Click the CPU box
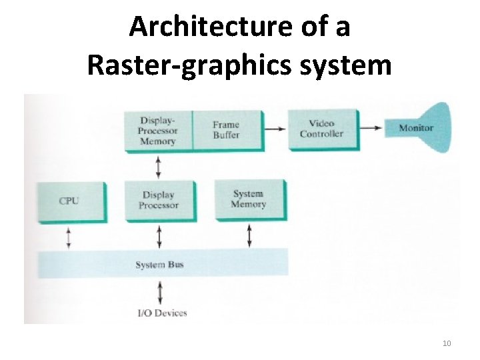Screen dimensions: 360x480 pyautogui.click(x=69, y=201)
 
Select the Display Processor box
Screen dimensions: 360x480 pyautogui.click(x=159, y=200)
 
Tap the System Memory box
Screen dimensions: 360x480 pyautogui.click(x=248, y=199)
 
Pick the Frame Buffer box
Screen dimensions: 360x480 pyautogui.click(x=226, y=129)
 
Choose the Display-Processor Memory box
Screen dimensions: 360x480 pyautogui.click(x=158, y=131)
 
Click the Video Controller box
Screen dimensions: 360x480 pyautogui.click(x=321, y=129)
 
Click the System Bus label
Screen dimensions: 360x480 pyautogui.click(x=159, y=265)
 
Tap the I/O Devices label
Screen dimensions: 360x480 pyautogui.click(x=163, y=313)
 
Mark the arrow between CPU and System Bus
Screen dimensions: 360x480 pyautogui.click(x=68, y=237)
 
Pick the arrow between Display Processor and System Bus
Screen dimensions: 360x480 pyautogui.click(x=159, y=237)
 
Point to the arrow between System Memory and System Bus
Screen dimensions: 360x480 pyautogui.click(x=249, y=235)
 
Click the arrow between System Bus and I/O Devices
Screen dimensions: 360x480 pyautogui.click(x=159, y=293)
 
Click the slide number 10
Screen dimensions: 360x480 pyautogui.click(x=447, y=343)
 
